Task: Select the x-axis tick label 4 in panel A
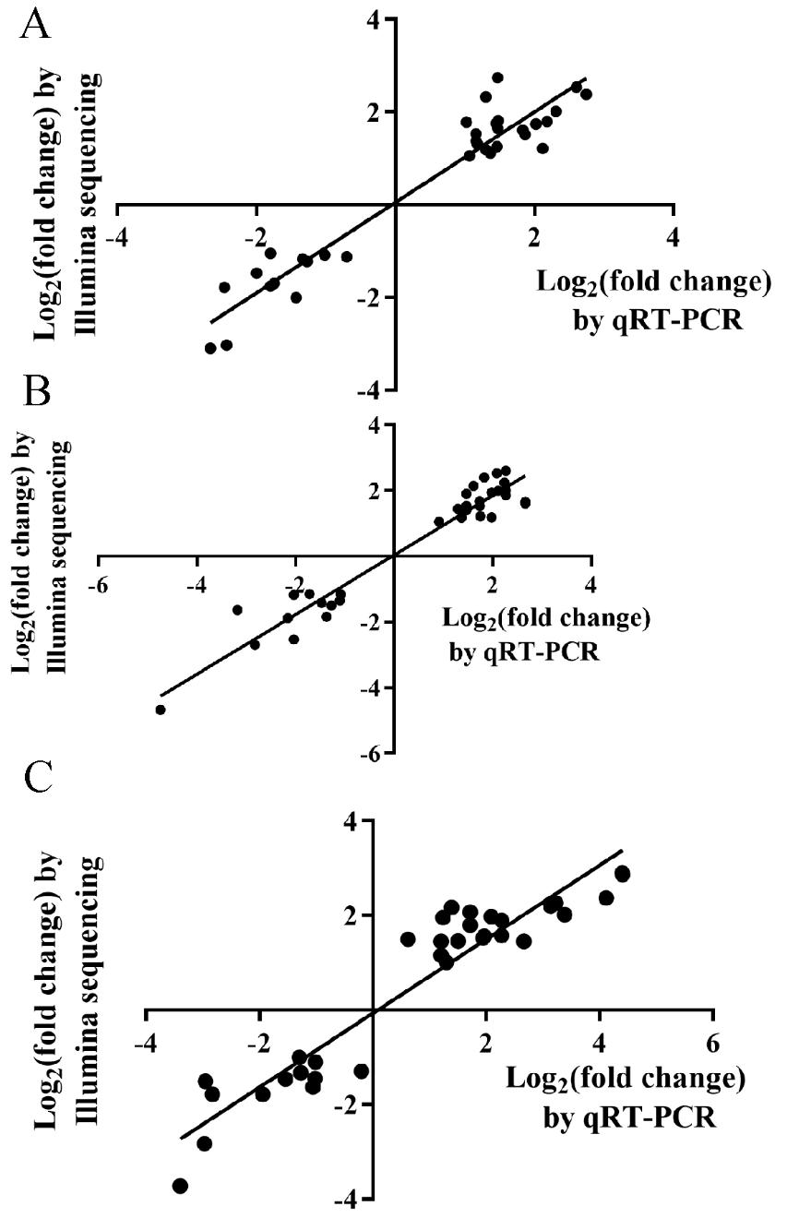674,234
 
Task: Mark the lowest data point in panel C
180,1186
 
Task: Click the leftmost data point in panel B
161,710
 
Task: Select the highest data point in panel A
497,78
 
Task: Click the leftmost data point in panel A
210,348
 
